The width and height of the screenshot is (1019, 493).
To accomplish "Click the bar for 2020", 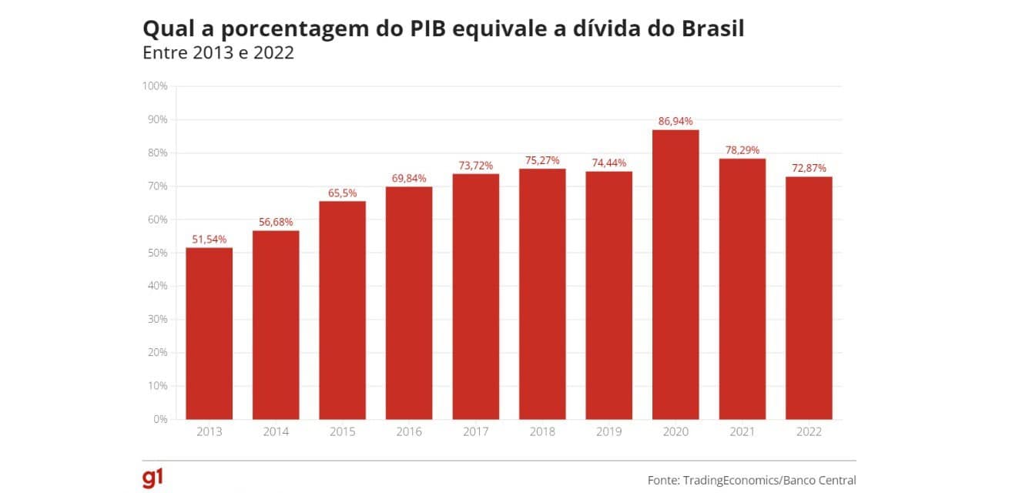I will click(675, 274).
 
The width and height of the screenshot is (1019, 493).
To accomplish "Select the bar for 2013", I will click(209, 333).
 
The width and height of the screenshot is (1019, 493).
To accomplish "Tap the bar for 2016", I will click(409, 303).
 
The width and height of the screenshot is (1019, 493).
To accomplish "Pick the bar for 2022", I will click(809, 297).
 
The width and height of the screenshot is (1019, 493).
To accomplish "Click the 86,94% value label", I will click(675, 121).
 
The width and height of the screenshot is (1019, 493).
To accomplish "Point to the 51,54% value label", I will click(209, 239).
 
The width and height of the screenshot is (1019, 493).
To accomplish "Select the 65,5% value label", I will click(343, 193).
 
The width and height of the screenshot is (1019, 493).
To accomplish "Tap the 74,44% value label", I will click(608, 163).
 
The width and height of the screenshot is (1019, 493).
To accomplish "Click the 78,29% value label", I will click(742, 150).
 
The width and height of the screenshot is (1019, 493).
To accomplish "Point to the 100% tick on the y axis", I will click(156, 86).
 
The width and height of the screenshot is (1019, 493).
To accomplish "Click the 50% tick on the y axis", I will click(157, 253).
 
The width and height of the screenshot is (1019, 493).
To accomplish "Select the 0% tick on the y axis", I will click(160, 419).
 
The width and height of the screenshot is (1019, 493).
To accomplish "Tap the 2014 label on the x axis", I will click(276, 432).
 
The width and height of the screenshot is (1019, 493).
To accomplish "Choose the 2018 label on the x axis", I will click(542, 432).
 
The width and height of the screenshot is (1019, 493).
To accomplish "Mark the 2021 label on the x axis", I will click(742, 432).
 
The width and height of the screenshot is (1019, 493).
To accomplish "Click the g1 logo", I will click(153, 478).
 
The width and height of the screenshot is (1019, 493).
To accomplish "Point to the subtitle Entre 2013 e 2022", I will click(219, 55).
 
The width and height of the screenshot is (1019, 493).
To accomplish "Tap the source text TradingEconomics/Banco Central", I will click(769, 480).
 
